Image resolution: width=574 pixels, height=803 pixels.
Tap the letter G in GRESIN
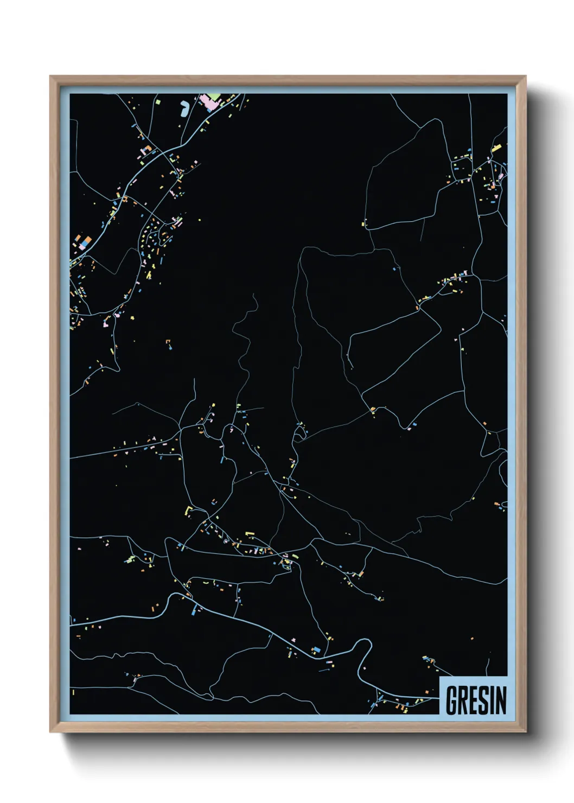coord(451,700)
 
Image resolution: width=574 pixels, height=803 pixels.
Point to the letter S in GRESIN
coord(483,700)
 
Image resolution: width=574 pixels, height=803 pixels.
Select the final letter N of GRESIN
coord(500,700)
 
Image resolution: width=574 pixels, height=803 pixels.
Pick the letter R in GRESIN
coord(462,700)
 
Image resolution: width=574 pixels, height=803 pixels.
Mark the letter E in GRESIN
coord(473,700)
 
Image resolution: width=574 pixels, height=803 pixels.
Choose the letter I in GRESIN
coord(491,700)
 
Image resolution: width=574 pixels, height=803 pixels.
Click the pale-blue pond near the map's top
coord(184,109)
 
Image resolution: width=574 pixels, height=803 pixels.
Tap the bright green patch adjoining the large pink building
coord(215,96)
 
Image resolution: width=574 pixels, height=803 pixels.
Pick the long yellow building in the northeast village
coord(496,148)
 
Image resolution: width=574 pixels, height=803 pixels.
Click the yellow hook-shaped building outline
coord(189,510)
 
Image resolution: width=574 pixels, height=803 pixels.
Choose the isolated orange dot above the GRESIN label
coord(473,639)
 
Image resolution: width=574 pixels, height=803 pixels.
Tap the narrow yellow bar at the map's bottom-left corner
coord(73,693)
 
